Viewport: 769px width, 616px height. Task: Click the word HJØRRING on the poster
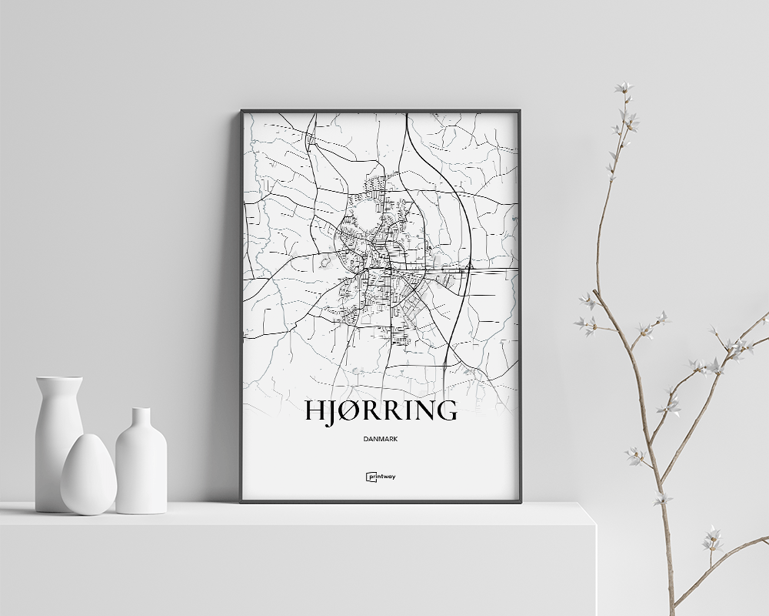(x=380, y=410)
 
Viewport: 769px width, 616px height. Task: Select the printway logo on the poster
(x=381, y=477)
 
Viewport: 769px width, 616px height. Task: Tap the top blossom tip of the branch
(x=623, y=87)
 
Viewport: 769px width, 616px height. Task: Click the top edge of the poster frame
(x=381, y=111)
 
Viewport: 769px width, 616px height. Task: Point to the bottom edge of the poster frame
(x=381, y=501)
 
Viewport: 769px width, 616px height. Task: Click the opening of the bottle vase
(x=141, y=410)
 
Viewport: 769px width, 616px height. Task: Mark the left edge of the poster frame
(x=241, y=308)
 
